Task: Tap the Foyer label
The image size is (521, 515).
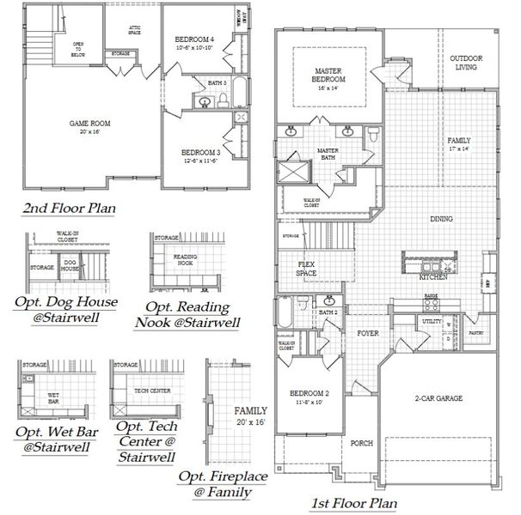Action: (x=369, y=333)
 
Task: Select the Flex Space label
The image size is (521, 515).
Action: (x=307, y=269)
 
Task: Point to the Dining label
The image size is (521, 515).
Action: (x=442, y=220)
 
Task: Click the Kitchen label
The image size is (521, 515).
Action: (x=431, y=278)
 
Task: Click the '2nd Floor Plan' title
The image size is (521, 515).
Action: (x=70, y=208)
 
